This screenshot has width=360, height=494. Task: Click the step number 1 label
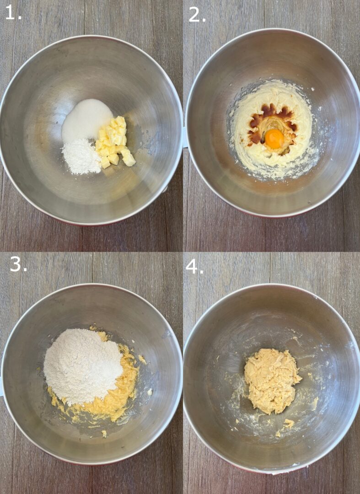[x=12, y=13]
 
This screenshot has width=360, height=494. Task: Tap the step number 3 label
[x=18, y=264]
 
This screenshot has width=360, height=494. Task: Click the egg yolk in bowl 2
[x=274, y=138]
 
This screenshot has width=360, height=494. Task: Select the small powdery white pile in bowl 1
[x=81, y=157]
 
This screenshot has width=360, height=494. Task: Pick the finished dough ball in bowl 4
[x=271, y=381]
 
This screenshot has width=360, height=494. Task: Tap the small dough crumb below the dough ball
[x=288, y=423]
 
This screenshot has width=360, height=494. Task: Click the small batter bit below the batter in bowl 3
[x=104, y=432]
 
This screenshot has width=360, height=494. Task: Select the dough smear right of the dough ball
[x=315, y=403]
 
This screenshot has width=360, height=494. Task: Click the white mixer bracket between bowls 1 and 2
[x=184, y=137]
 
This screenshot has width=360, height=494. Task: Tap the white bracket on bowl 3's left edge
[x=1, y=389]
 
